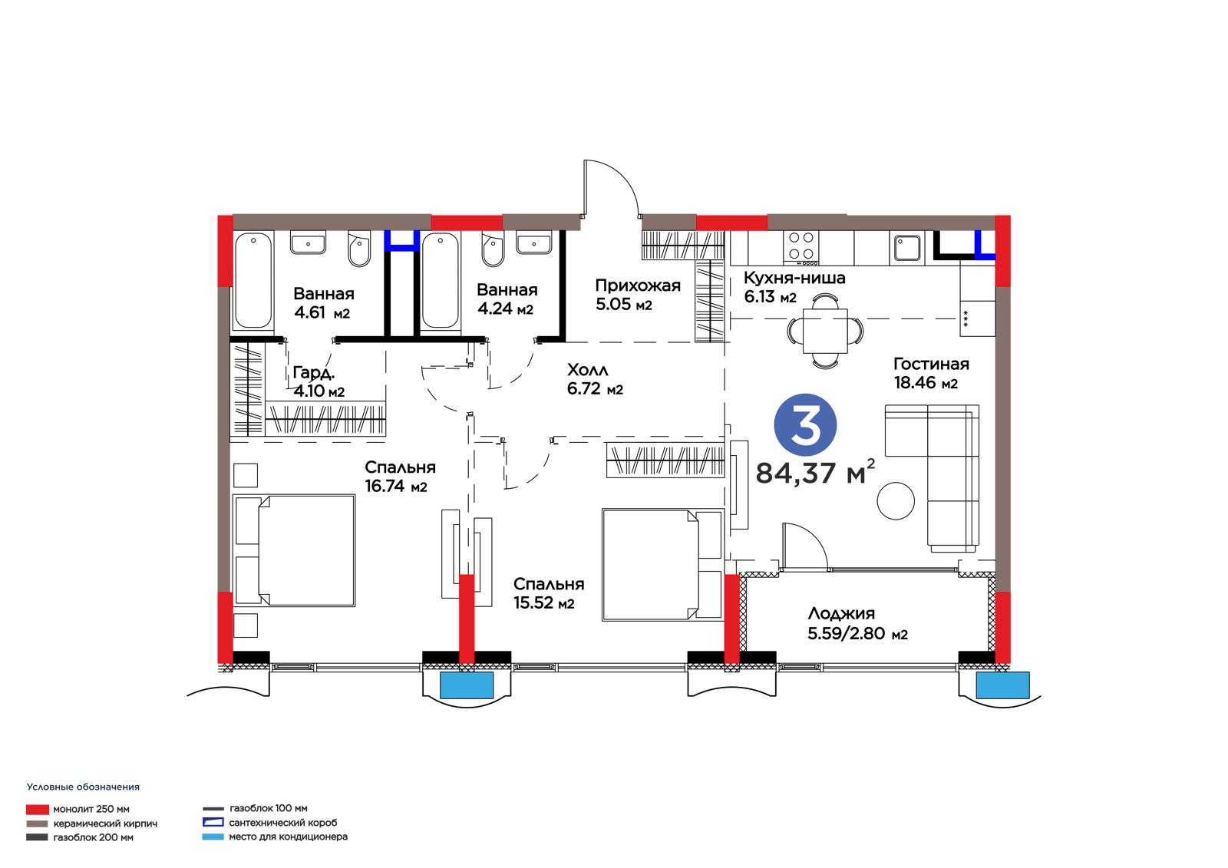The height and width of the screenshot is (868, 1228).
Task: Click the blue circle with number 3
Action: pyautogui.click(x=805, y=425)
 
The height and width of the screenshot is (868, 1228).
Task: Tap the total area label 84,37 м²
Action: pyautogui.click(x=815, y=471)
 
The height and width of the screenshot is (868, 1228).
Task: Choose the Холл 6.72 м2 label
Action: pyautogui.click(x=595, y=379)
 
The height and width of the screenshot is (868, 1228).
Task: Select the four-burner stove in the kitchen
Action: pyautogui.click(x=801, y=247)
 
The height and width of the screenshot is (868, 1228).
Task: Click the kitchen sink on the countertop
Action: pyautogui.click(x=906, y=247)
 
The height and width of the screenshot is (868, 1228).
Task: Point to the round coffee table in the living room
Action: pyautogui.click(x=895, y=500)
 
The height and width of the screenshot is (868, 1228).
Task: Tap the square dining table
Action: pyautogui.click(x=825, y=331)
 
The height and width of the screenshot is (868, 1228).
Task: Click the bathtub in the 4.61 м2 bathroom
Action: pyautogui.click(x=253, y=281)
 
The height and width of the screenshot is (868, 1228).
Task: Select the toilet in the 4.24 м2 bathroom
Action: pyautogui.click(x=493, y=249)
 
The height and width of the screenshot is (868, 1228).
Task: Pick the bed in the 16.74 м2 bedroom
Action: pyautogui.click(x=295, y=550)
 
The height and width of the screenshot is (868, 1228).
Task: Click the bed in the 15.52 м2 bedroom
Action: pyautogui.click(x=663, y=565)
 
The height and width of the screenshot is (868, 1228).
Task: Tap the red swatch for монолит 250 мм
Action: pyautogui.click(x=38, y=810)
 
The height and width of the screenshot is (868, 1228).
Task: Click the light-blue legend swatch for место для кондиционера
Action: pyautogui.click(x=213, y=837)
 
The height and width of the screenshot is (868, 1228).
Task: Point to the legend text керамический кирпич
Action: pyautogui.click(x=105, y=823)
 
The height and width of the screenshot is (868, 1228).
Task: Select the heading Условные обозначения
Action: pyautogui.click(x=84, y=787)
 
